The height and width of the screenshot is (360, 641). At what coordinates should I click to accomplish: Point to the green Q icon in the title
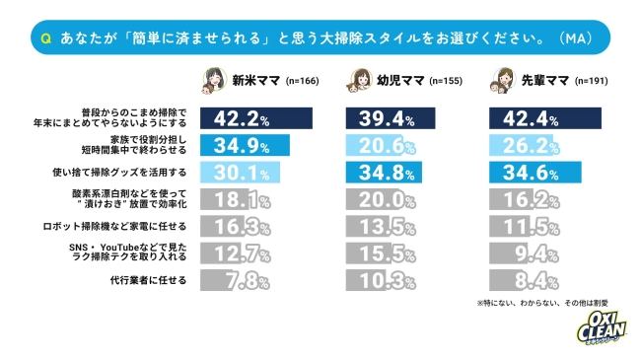point(45,38)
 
